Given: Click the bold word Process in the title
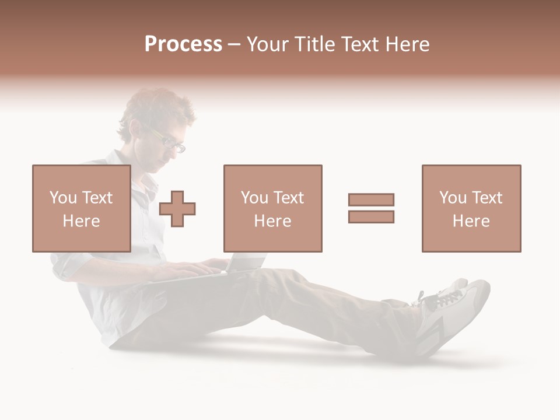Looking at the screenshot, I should pos(183,44).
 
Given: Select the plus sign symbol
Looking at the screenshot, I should pos(177,209).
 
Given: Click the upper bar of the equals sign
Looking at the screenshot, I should pos(371,199).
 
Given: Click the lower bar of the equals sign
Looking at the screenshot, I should pos(371,216).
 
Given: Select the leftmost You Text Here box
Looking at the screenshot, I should pos(81,208).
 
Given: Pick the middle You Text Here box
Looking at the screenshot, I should pos(272,208).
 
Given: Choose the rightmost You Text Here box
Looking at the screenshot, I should pos(471,208).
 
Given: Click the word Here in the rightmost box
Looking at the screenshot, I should pos(471,221).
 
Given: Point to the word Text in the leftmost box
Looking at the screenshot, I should pos(97,198).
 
